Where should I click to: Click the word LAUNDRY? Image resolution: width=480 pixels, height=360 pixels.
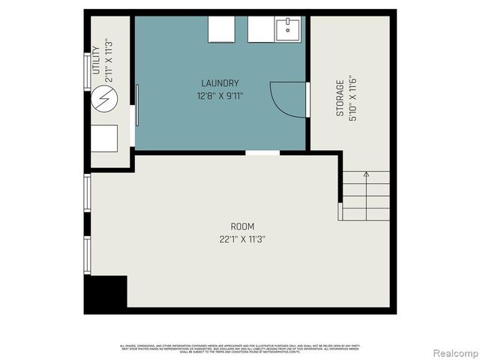tap(220, 82)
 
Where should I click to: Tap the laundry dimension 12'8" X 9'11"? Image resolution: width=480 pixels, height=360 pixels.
tap(220, 95)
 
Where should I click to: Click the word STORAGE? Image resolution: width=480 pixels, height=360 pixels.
tap(340, 97)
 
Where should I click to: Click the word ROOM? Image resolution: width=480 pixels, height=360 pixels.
tap(242, 226)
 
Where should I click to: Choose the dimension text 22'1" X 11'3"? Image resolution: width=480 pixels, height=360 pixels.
tap(242, 239)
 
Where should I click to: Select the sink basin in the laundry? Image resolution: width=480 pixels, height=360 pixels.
tap(288, 30)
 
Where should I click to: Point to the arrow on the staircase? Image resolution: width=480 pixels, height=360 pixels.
tap(366, 175)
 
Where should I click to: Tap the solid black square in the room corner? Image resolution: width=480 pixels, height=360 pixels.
tap(106, 294)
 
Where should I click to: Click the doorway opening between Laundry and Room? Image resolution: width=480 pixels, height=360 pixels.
tap(262, 152)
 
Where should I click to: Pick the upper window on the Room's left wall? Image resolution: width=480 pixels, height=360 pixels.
tap(87, 193)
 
